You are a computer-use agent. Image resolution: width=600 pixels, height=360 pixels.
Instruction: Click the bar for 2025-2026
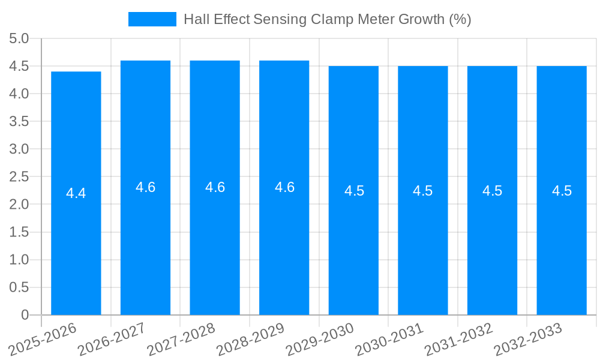click(x=76, y=240)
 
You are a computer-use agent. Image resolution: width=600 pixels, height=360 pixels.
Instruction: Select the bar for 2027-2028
click(x=215, y=240)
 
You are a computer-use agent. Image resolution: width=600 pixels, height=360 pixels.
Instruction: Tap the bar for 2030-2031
click(x=423, y=240)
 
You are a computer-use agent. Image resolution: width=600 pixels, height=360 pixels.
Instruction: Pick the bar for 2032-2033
click(x=562, y=240)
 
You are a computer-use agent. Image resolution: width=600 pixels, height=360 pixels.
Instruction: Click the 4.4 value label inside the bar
click(x=76, y=193)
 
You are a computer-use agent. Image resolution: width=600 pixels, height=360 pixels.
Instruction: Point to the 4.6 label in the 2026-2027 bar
click(x=146, y=187)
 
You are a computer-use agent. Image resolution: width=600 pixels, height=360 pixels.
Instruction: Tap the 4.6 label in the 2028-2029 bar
click(x=284, y=187)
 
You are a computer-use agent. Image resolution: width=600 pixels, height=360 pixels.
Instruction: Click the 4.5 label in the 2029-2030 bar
click(x=354, y=191)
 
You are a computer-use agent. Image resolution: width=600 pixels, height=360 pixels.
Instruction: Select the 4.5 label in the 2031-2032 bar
click(x=493, y=191)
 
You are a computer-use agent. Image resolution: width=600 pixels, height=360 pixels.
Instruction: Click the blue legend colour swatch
click(x=152, y=19)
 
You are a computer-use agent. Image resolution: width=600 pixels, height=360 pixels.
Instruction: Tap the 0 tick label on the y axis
click(x=25, y=315)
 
